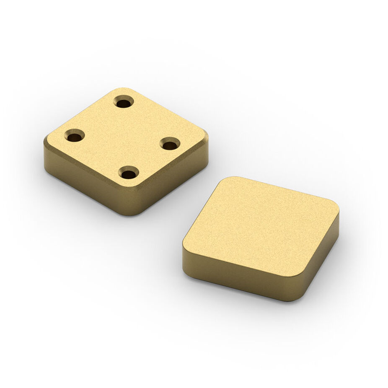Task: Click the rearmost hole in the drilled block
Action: pos(124,101)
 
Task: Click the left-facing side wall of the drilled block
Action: pos(84,184)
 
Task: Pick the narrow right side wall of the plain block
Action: pos(321,260)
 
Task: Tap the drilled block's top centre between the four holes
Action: pos(124,138)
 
